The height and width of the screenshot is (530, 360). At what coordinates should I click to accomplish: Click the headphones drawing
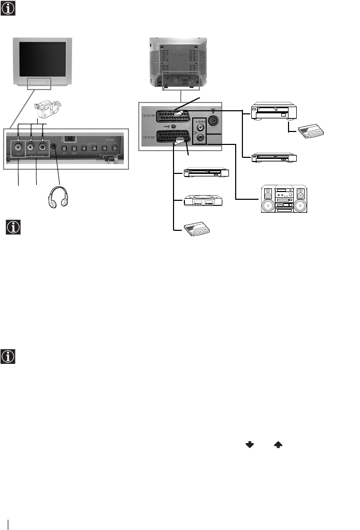click(59, 192)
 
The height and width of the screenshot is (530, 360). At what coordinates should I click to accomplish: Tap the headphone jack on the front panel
click(54, 145)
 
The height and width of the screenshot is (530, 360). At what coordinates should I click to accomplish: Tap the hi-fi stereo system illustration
click(283, 200)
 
